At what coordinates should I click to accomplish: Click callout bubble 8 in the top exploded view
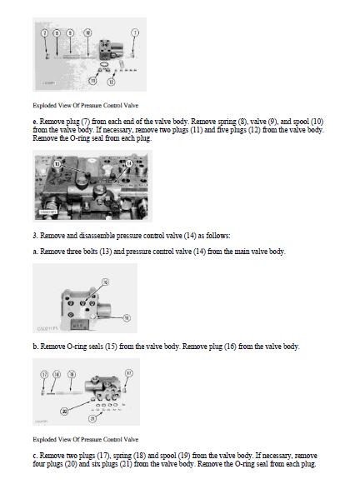coord(57,32)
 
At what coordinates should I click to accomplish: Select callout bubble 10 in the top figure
coord(87,32)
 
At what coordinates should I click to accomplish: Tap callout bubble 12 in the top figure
coord(111,82)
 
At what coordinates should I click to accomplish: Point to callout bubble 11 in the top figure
coord(92,81)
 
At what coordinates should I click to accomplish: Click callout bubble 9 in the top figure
coord(71,32)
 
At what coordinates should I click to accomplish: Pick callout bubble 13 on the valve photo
coord(57,164)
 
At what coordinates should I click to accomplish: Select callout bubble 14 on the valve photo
coord(129,163)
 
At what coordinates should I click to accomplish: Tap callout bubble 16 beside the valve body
coord(127,317)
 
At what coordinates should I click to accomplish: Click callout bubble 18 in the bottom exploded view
coord(57,374)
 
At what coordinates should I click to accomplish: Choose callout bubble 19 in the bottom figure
coord(72,374)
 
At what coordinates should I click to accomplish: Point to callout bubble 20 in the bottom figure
coord(64,412)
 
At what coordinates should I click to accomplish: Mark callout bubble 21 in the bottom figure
coord(92,418)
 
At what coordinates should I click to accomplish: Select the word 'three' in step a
coord(74,252)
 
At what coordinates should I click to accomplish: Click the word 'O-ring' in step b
coord(77,347)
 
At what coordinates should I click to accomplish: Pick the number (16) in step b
coord(230,347)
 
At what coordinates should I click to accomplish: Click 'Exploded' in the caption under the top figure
coord(45,106)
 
